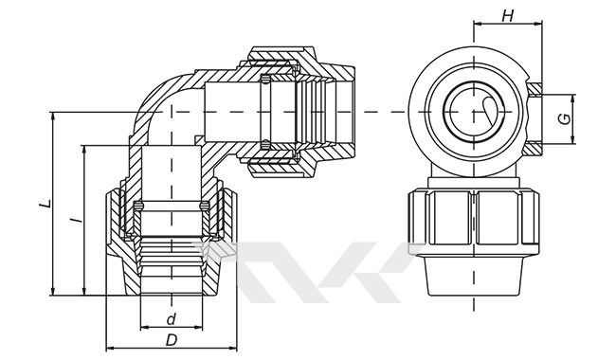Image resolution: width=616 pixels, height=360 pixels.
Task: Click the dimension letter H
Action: [x=508, y=16]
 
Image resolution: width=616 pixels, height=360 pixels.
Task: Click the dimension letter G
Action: [x=565, y=119]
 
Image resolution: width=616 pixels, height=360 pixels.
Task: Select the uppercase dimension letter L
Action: [x=46, y=204]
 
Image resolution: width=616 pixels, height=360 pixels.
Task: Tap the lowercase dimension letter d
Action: [x=172, y=319]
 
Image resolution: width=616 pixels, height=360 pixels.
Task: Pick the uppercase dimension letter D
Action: [x=172, y=340]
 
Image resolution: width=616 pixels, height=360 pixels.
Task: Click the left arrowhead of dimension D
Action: [x=110, y=348]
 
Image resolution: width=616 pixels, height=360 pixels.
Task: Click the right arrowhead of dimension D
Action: [x=233, y=348]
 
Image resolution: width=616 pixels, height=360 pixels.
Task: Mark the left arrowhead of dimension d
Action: [x=145, y=327]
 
